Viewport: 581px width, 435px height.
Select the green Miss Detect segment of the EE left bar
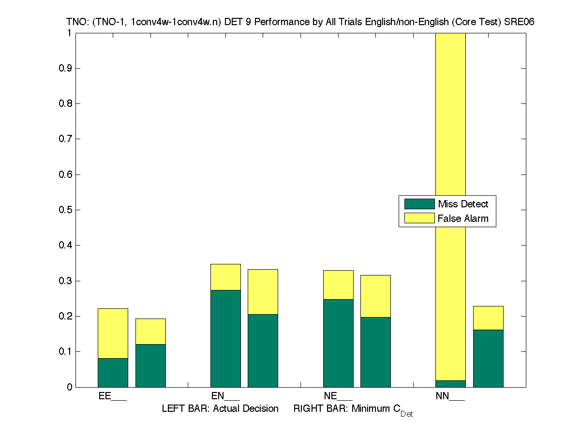tap(113, 373)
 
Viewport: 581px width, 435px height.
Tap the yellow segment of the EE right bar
tap(150, 331)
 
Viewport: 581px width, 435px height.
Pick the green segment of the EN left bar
tap(225, 338)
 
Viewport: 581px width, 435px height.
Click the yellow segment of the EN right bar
tap(263, 291)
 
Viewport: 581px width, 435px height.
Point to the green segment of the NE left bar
tap(338, 343)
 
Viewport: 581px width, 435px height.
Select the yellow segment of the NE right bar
tap(375, 296)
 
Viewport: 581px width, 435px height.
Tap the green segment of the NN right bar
tap(488, 358)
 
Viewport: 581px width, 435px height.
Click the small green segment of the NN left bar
tap(450, 384)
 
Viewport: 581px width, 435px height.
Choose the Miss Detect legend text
tap(463, 204)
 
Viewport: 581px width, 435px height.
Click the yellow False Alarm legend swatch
tap(419, 218)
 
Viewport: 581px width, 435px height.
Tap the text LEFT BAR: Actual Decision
tap(220, 409)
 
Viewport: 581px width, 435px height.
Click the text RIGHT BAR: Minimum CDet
tap(353, 410)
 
